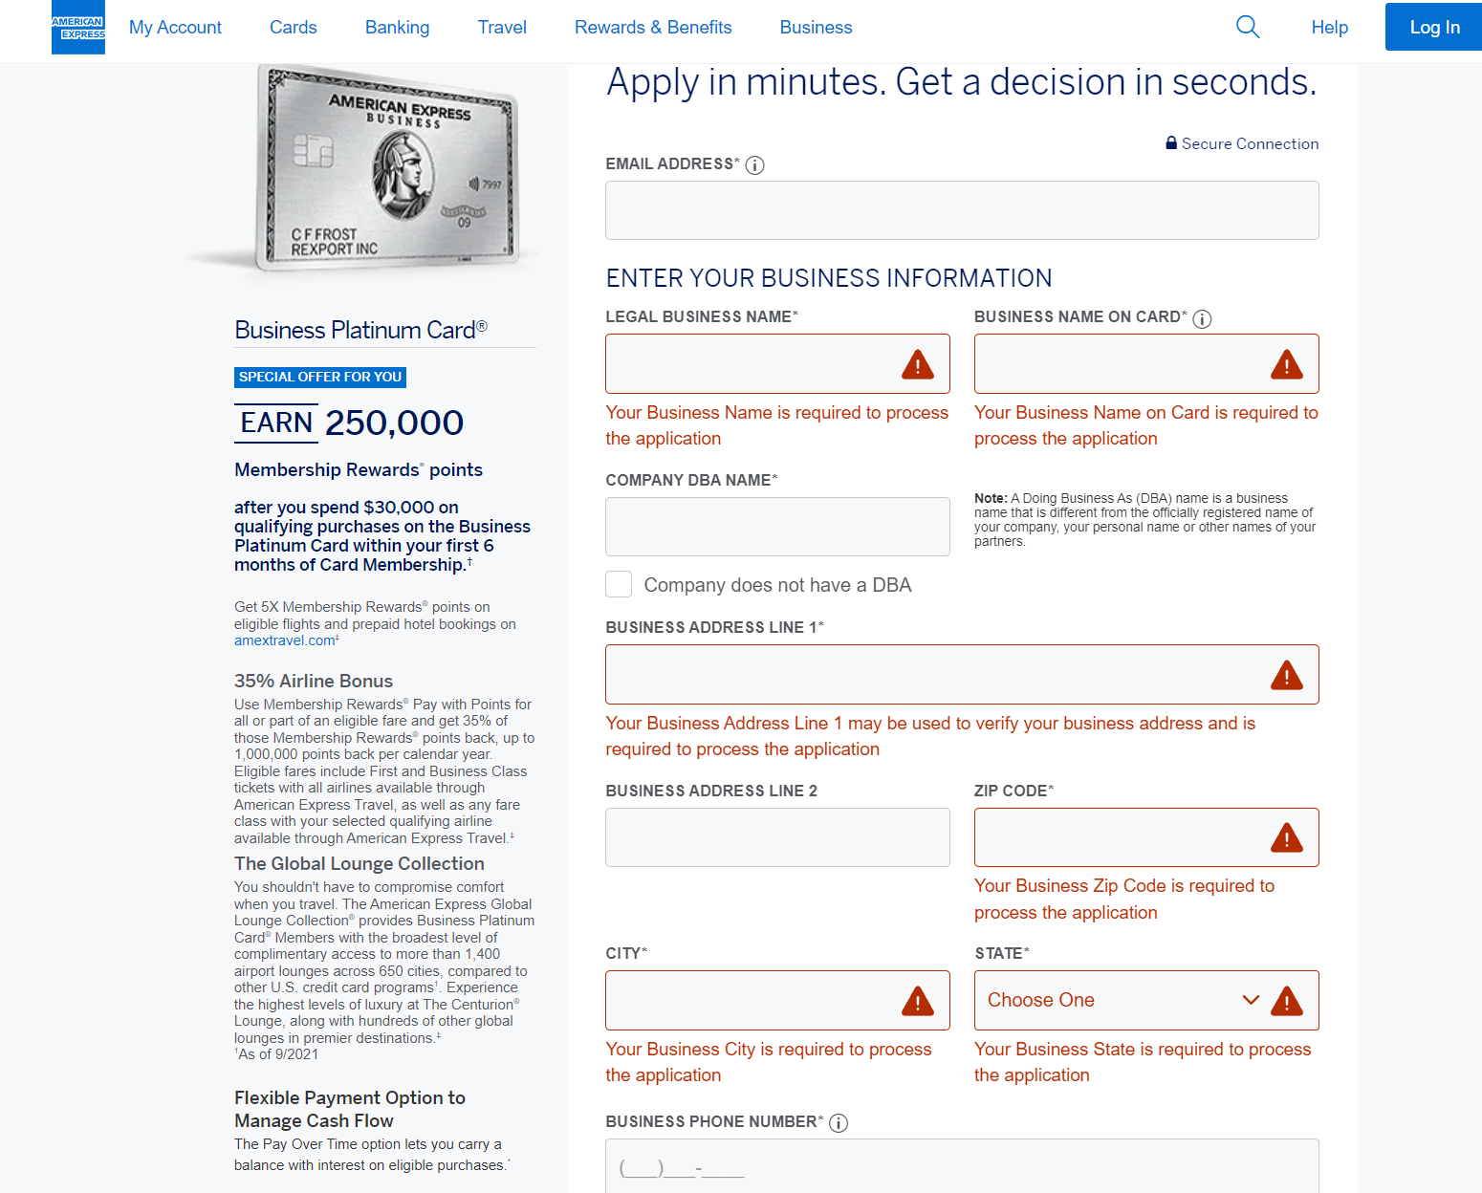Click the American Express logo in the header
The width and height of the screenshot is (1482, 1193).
[x=78, y=28]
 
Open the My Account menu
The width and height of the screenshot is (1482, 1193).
[x=175, y=28]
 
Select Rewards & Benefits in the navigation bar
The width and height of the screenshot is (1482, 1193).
[x=653, y=28]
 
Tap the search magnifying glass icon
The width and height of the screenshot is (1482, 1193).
[x=1248, y=27]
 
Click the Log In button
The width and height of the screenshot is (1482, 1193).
[x=1434, y=28]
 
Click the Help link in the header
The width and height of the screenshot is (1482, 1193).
[x=1329, y=28]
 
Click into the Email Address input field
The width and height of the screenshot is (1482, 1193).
[x=962, y=210]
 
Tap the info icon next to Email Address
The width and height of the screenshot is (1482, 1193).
[x=754, y=165]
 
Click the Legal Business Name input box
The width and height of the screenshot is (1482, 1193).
[x=751, y=364]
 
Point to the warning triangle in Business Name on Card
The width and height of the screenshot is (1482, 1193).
[x=1286, y=364]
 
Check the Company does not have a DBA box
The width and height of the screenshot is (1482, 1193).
[x=619, y=584]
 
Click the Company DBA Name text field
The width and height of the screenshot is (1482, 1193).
[x=777, y=527]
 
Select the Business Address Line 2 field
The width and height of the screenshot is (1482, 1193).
[x=777, y=837]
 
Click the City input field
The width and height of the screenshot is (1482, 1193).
[x=751, y=1000]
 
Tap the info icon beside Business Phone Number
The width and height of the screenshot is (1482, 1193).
[x=839, y=1123]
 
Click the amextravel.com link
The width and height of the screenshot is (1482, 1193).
[x=285, y=640]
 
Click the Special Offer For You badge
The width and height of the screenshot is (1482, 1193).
[x=320, y=377]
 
